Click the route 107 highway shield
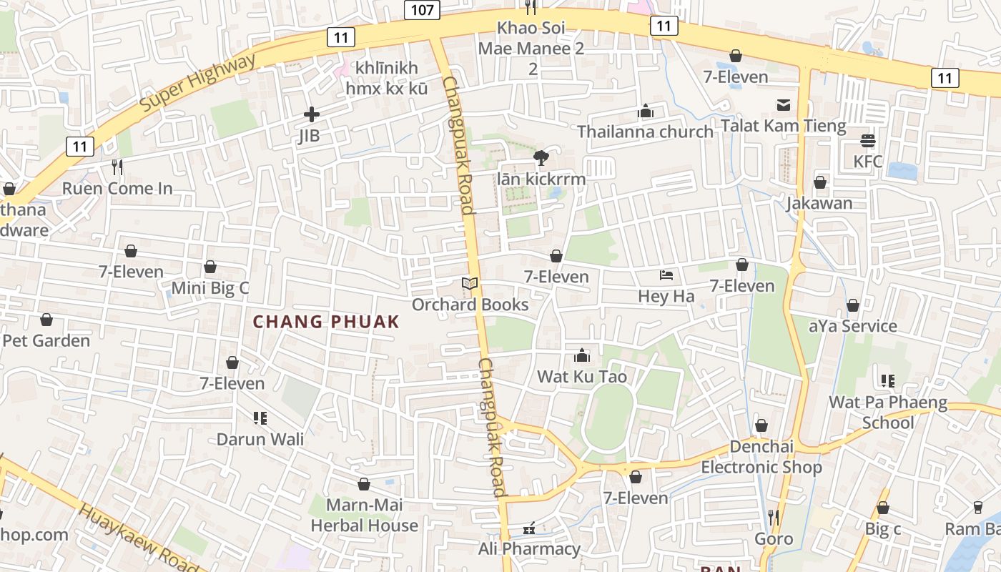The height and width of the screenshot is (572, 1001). pos(422,9)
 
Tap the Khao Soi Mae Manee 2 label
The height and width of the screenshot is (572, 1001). pos(531,49)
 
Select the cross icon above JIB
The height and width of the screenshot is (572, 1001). pos(312,114)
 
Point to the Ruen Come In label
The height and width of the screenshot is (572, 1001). pos(117,189)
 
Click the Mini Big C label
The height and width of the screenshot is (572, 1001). pos(210,288)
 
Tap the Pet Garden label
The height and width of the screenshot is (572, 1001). pos(46,340)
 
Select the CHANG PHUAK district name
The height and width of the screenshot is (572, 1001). pos(326,322)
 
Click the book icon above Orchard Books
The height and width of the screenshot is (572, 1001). pos(470,284)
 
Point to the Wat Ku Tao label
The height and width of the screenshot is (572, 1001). pos(582,377)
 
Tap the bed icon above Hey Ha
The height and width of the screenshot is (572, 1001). pos(666,275)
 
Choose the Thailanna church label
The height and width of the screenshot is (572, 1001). pos(645,132)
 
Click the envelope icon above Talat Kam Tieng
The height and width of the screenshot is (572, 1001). pos(784,105)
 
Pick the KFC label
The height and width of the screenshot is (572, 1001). pos(868,162)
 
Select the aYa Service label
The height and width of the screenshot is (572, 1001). pos(852,326)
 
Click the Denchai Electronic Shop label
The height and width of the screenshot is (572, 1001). pos(761,457)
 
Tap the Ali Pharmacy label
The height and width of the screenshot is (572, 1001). pos(529,549)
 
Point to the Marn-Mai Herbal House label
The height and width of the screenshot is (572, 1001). pos(364,516)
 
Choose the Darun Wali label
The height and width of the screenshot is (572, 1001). pos(260,439)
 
